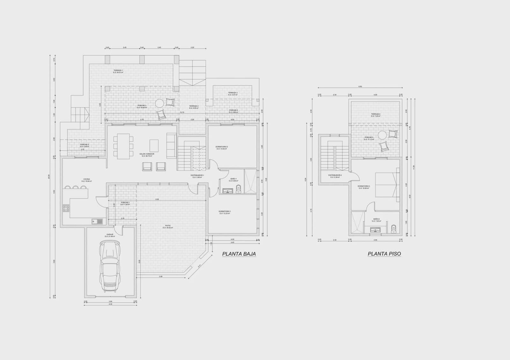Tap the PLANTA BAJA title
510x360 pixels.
239,254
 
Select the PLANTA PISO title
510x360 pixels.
384,254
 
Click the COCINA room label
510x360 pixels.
87,180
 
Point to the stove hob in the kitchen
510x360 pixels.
66,209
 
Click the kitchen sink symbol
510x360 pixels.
97,221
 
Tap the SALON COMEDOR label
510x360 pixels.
147,155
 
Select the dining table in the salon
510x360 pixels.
123,146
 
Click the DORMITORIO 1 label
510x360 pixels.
225,212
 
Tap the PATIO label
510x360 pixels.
168,227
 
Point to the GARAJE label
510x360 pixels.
110,235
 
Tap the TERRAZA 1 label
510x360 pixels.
118,71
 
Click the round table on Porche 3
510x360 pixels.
159,103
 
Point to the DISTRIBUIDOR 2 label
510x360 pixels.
335,176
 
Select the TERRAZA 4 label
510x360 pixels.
375,115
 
